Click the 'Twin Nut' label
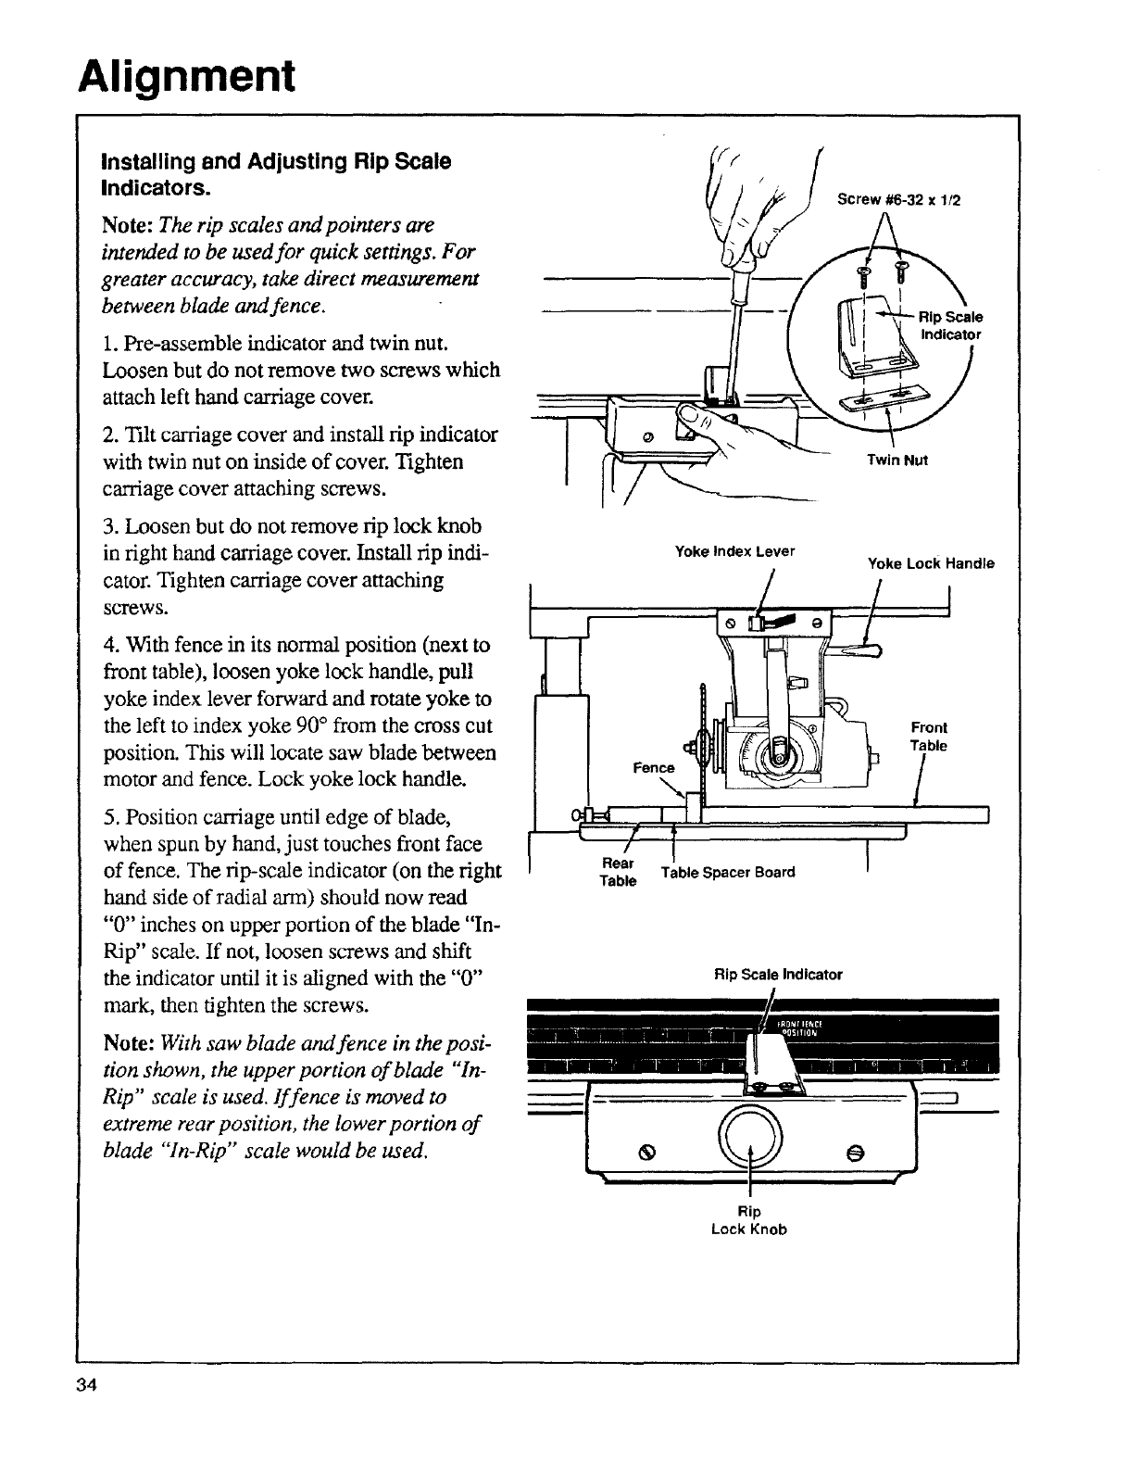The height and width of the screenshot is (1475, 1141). click(x=891, y=460)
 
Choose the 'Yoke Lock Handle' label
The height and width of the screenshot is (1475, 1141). click(x=930, y=563)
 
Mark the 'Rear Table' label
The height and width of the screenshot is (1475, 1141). click(x=618, y=872)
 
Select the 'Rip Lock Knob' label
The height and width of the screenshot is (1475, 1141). click(x=748, y=1220)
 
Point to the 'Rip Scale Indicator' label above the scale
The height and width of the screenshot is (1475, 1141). click(x=778, y=974)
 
